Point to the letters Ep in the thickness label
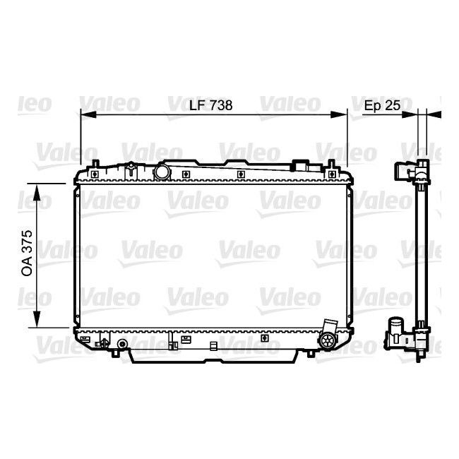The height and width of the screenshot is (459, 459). pyautogui.click(x=372, y=105)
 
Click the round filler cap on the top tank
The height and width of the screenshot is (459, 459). pyautogui.click(x=162, y=172)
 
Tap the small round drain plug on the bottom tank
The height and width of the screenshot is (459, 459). pyautogui.click(x=122, y=345)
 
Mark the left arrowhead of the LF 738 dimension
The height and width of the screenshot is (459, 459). pyautogui.click(x=84, y=112)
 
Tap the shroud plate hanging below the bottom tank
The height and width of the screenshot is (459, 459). pyautogui.click(x=212, y=353)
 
